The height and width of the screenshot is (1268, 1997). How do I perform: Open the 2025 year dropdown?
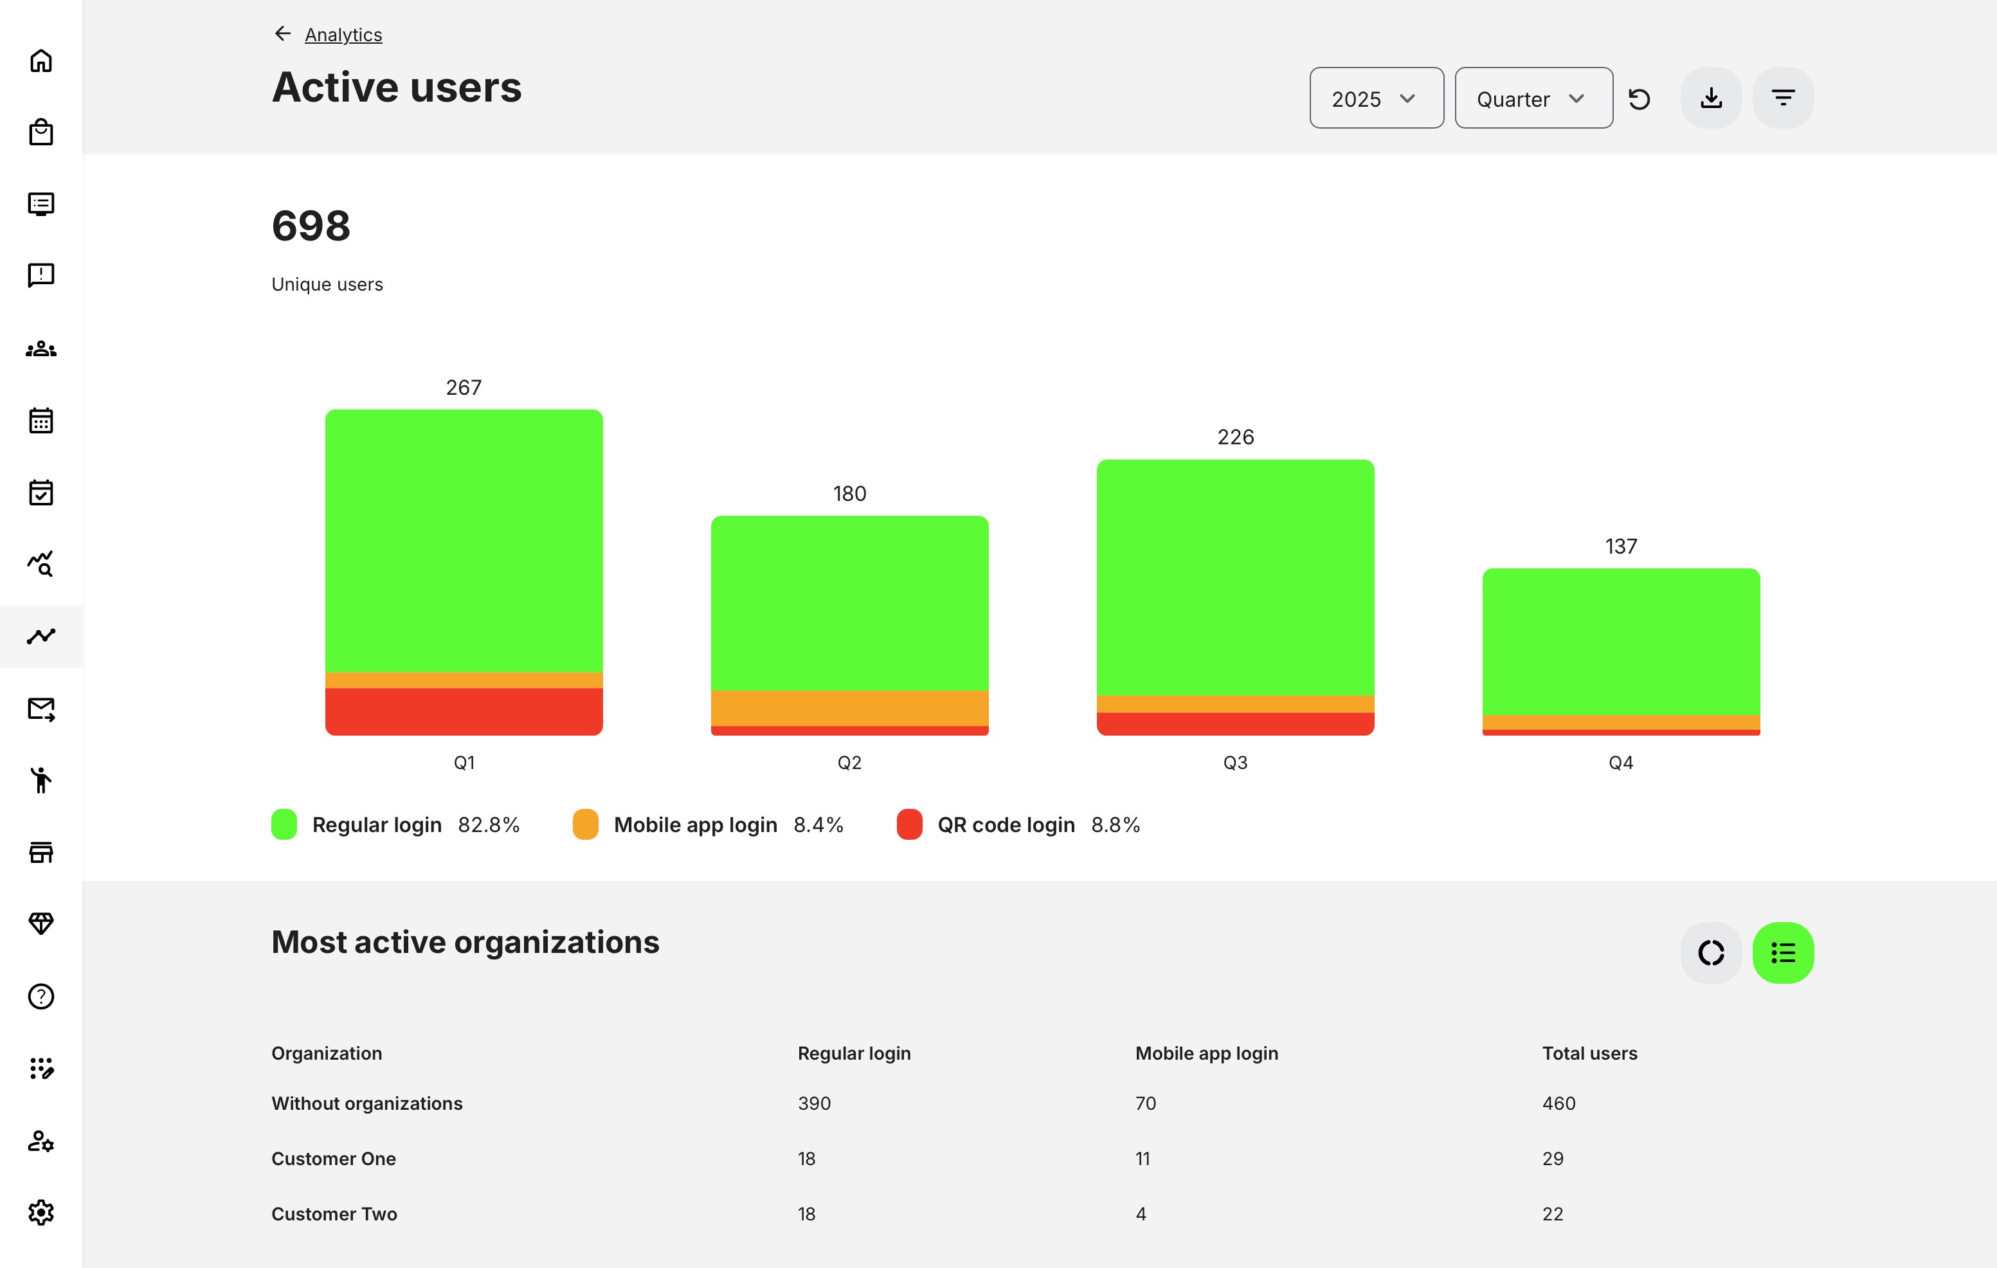pos(1376,98)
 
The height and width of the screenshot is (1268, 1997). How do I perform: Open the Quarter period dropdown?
pos(1533,98)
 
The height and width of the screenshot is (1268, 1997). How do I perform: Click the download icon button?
pos(1710,98)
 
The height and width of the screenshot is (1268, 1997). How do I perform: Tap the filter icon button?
pos(1782,98)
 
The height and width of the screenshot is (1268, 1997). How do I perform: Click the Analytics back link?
pos(343,35)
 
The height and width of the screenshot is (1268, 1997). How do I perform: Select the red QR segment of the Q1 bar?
pos(464,711)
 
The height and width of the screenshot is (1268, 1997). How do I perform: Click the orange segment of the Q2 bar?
pos(849,707)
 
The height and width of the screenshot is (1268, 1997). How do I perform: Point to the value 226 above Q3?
pos(1235,437)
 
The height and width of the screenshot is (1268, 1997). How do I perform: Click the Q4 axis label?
pos(1620,762)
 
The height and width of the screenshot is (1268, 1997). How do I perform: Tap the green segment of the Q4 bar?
pos(1620,640)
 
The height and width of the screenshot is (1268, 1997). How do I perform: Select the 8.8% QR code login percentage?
pos(1115,825)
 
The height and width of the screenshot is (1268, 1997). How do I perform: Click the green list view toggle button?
pos(1782,952)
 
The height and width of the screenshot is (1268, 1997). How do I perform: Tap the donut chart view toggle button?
pos(1710,952)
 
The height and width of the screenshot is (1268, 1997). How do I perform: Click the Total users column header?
pos(1589,1053)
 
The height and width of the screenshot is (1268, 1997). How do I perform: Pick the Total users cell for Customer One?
pos(1553,1159)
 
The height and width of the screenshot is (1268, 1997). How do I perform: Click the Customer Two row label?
pos(334,1214)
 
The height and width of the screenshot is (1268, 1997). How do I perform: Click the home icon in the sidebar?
pos(41,60)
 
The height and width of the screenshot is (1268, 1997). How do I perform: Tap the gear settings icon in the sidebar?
pos(41,1213)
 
